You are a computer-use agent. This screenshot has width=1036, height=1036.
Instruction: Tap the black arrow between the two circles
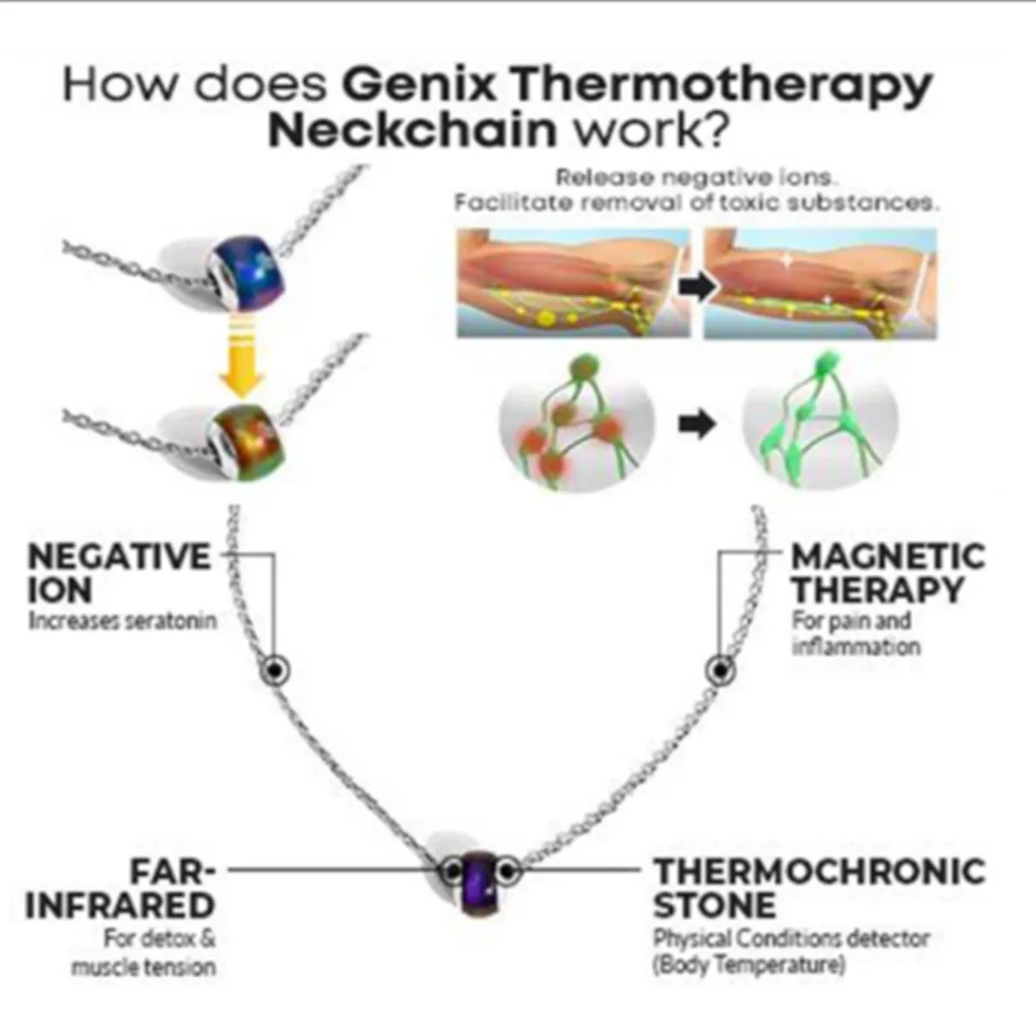pyautogui.click(x=697, y=424)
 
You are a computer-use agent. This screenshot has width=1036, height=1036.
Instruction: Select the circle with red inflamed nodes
pyautogui.click(x=577, y=424)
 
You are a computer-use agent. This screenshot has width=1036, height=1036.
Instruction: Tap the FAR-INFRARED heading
pyautogui.click(x=121, y=888)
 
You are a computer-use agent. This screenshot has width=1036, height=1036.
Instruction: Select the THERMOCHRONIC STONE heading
pyautogui.click(x=818, y=888)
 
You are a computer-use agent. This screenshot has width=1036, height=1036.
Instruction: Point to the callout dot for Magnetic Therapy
pyautogui.click(x=719, y=670)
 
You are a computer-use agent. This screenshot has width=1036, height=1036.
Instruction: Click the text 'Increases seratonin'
pyautogui.click(x=122, y=621)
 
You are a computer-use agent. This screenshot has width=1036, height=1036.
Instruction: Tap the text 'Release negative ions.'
pyautogui.click(x=696, y=178)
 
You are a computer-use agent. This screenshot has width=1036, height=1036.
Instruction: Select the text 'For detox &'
pyautogui.click(x=160, y=938)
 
